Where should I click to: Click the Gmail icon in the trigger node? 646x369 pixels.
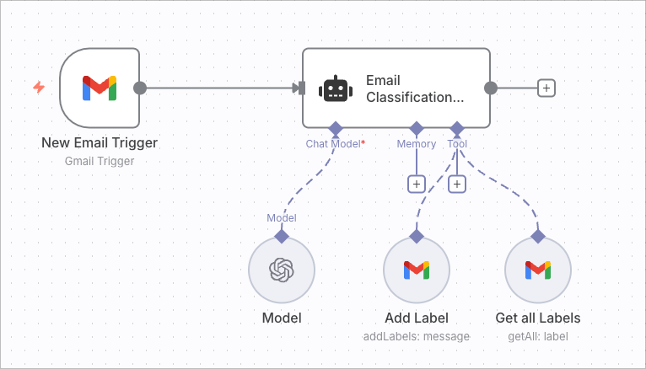click(x=100, y=88)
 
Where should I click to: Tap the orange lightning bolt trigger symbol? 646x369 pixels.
click(x=39, y=87)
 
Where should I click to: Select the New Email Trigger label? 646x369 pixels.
click(x=100, y=142)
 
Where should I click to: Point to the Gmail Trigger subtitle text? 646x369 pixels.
click(x=100, y=160)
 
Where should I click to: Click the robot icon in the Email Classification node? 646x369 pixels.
click(x=335, y=88)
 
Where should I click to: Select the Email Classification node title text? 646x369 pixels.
click(x=414, y=88)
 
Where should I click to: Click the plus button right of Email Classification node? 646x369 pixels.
click(x=546, y=88)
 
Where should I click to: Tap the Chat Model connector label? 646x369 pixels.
click(x=334, y=144)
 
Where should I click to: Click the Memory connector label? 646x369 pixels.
click(x=417, y=144)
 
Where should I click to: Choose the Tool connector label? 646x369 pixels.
click(x=457, y=144)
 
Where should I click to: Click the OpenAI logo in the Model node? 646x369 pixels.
click(x=281, y=270)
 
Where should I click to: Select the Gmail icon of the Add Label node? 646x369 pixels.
click(x=417, y=270)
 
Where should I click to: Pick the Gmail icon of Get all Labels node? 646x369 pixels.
click(x=538, y=270)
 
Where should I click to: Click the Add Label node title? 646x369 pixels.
click(x=417, y=318)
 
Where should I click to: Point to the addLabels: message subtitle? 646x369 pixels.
click(x=417, y=336)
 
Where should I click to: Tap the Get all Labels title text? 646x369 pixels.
click(x=538, y=318)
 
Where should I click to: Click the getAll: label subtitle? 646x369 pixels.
click(x=538, y=336)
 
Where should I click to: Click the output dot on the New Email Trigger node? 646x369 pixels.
click(x=140, y=88)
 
